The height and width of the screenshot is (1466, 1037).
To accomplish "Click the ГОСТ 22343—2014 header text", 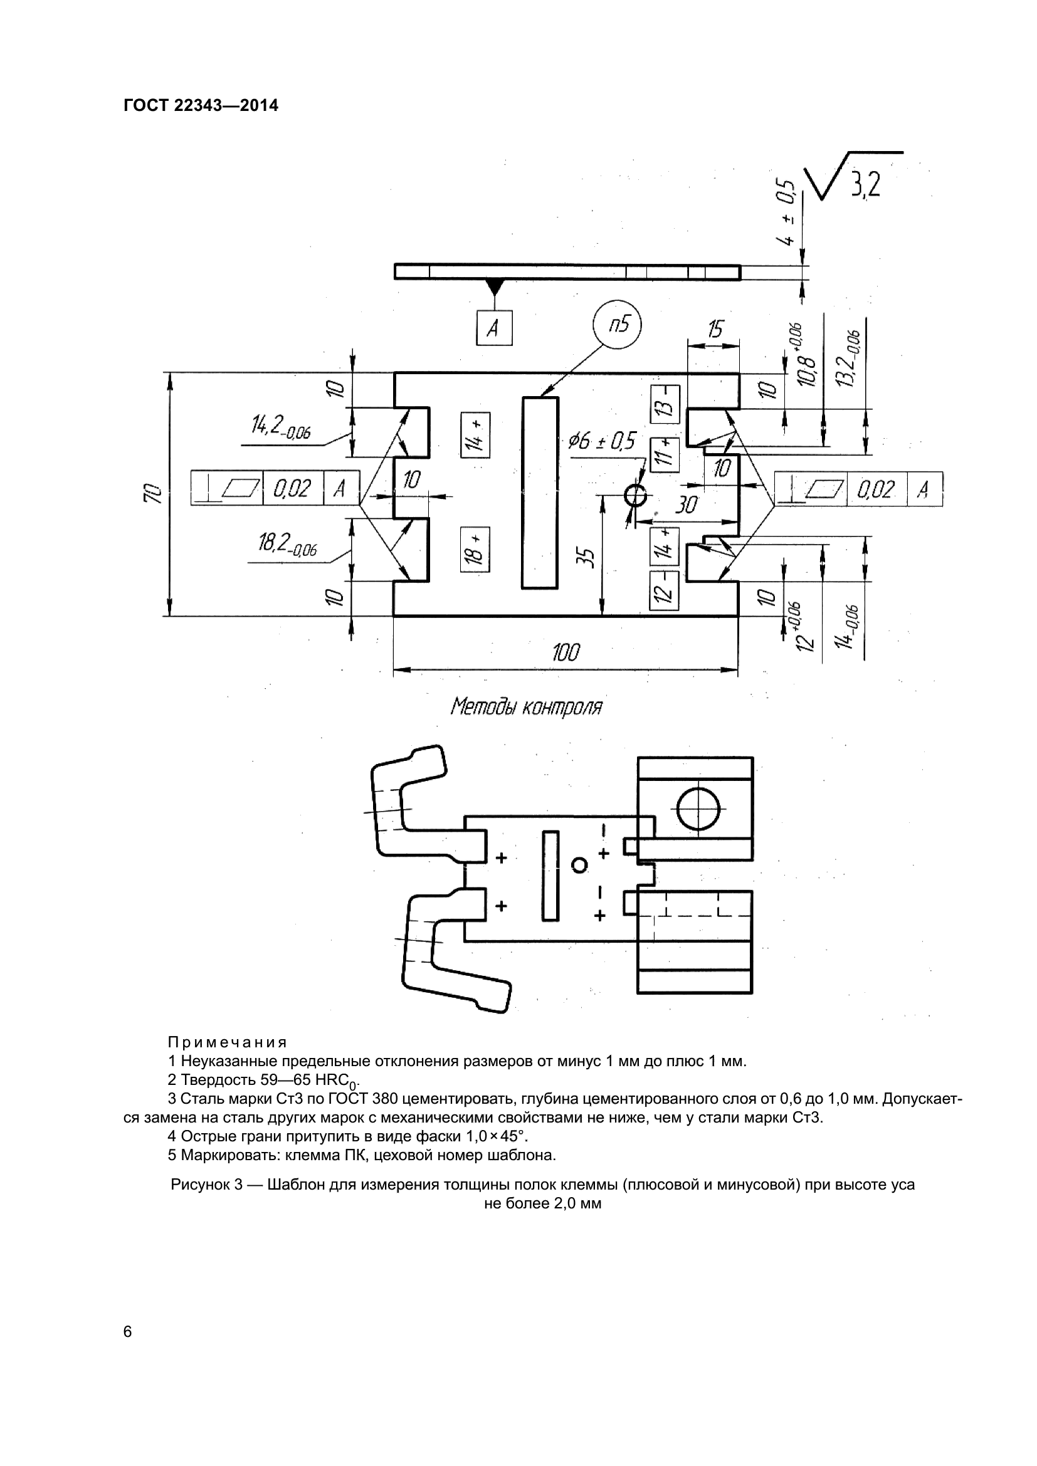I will [x=201, y=106].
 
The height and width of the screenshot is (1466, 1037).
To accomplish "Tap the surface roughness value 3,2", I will [x=865, y=185].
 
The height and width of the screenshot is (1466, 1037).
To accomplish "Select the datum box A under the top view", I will [x=494, y=328].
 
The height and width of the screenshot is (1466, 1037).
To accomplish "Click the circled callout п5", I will [x=617, y=326].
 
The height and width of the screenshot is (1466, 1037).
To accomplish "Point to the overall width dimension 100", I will [x=566, y=652].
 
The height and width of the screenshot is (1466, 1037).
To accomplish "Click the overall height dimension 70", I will [x=152, y=493].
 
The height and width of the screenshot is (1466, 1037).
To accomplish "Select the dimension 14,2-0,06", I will [x=281, y=426].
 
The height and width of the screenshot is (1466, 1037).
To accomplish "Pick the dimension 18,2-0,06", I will [x=287, y=545].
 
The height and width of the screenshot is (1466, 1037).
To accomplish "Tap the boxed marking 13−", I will [x=665, y=405].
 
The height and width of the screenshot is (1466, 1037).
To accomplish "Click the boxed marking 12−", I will [x=664, y=590].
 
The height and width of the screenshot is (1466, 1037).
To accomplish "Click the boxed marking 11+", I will [x=664, y=454].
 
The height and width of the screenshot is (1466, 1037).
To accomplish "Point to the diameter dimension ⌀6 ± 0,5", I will [x=603, y=442].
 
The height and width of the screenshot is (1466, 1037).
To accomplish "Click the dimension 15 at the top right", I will [x=715, y=330].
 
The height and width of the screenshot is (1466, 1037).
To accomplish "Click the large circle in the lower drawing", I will [x=698, y=809].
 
